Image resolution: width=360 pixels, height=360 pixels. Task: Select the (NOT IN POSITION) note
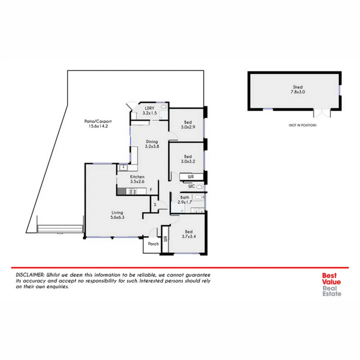[x=302, y=125]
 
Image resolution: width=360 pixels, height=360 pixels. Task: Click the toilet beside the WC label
[x=199, y=187]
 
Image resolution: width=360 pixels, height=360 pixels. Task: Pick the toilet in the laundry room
[x=164, y=107]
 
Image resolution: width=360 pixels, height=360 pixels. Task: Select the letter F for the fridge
[x=151, y=190]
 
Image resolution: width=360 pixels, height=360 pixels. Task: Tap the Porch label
[x=153, y=244]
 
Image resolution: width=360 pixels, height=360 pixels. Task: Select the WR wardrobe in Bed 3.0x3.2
[x=191, y=176]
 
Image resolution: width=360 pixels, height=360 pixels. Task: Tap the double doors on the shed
[x=322, y=113]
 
